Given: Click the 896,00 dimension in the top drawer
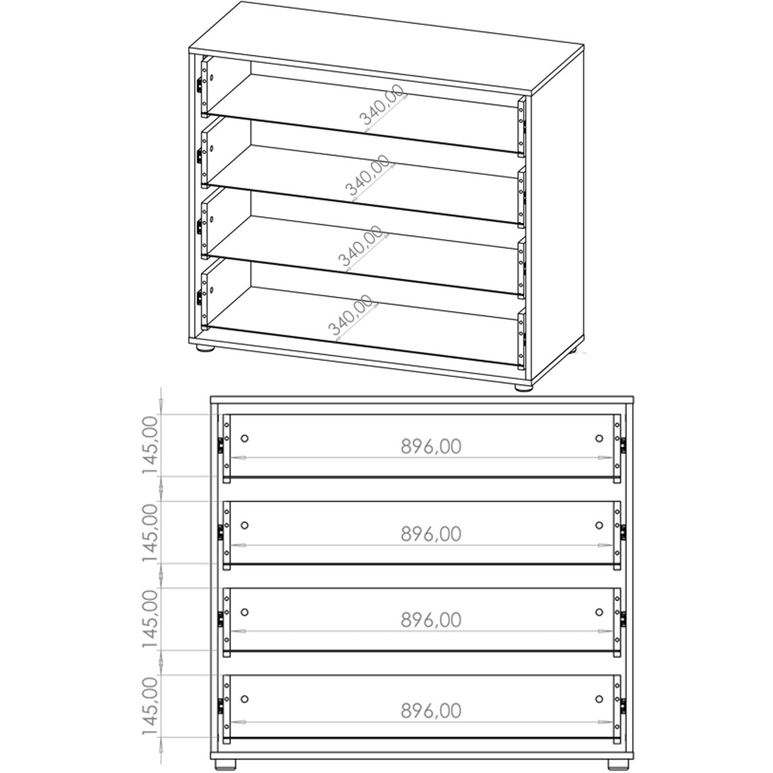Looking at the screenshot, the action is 431,446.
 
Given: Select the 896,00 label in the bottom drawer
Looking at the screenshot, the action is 431,710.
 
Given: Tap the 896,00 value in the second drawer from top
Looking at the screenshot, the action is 431,534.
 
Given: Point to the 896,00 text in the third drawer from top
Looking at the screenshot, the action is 431,619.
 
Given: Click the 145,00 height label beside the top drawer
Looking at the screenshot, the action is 150,444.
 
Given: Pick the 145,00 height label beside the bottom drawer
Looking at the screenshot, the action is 150,706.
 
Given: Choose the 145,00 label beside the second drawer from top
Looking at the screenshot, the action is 150,533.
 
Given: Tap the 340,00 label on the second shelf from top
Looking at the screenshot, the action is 367,175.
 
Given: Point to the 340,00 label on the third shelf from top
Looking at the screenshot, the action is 360,245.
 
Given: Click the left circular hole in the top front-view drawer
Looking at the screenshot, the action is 244,438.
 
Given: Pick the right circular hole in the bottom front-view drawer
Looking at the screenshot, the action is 599,699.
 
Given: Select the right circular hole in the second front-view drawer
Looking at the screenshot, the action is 599,525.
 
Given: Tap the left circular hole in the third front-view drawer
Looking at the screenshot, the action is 244,612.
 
